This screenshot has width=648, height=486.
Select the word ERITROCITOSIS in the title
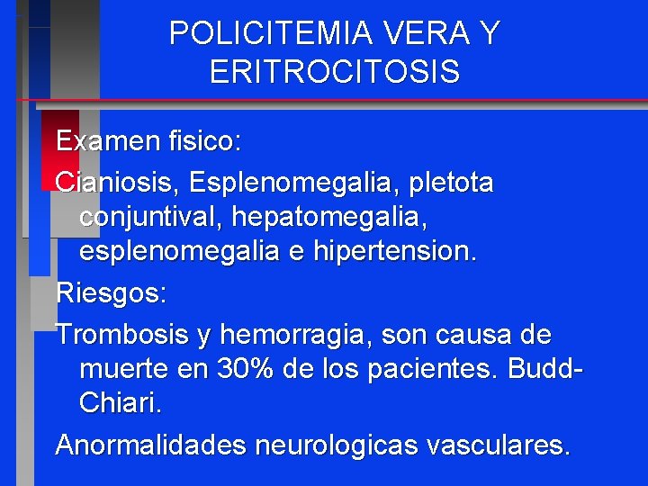[x=335, y=72]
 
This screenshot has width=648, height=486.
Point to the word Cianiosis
[x=117, y=183]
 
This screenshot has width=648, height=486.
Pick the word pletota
[x=451, y=183]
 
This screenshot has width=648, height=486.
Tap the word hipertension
[x=394, y=252]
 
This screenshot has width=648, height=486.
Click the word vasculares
[x=490, y=445]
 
